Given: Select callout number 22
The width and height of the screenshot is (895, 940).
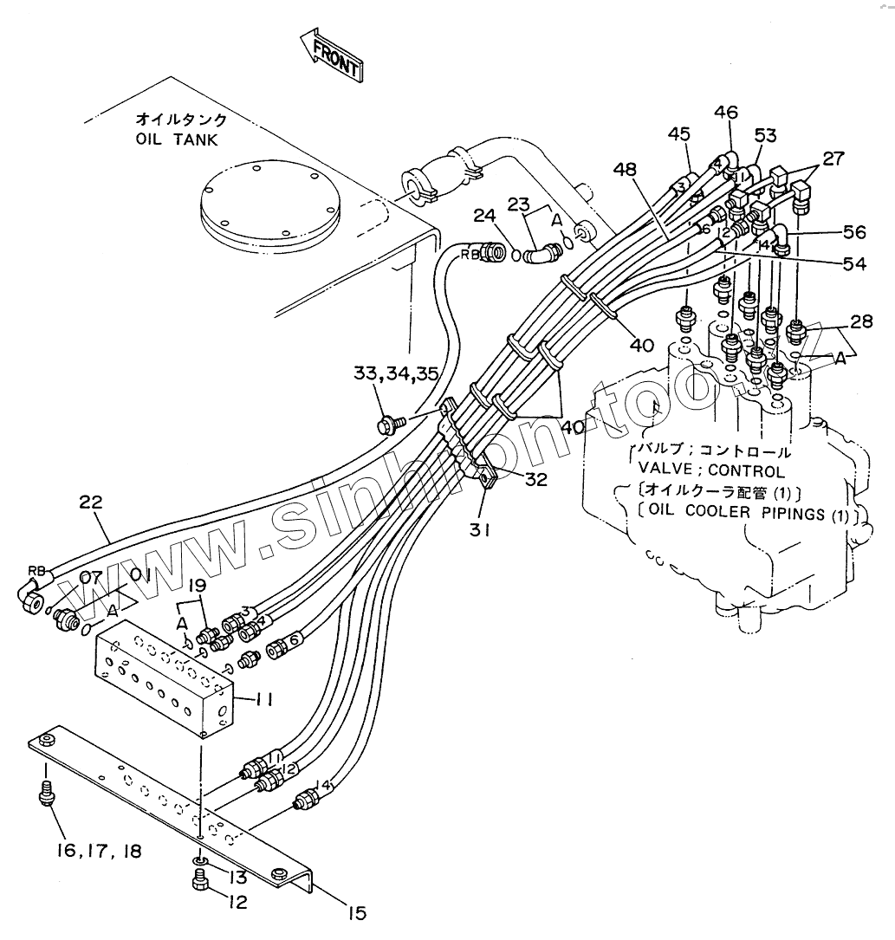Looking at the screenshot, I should coord(92,502).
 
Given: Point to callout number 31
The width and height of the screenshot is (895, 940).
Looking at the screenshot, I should coord(482,528).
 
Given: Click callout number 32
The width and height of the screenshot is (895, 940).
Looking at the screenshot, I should coord(535,478).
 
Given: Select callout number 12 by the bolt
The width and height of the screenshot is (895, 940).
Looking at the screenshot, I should coord(237,902).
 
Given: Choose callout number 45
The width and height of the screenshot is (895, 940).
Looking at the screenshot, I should coord(679,134).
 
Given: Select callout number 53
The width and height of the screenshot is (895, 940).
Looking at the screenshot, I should coord(765,135).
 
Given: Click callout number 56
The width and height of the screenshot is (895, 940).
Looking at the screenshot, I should coord(854,233).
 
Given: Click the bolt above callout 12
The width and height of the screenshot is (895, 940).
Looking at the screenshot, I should coord(198,881).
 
